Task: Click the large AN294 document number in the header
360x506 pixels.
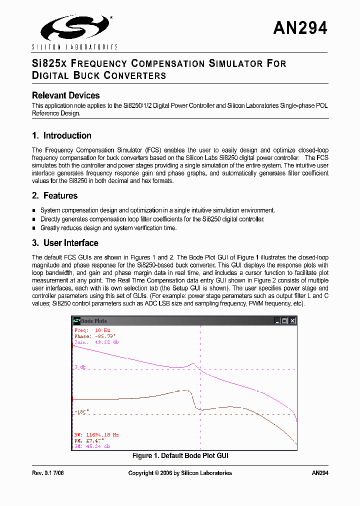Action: point(300,28)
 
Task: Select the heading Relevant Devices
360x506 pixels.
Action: point(65,95)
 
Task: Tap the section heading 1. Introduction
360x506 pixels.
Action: point(61,135)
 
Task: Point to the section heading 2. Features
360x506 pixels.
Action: point(54,195)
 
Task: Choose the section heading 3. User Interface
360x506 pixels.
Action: point(65,243)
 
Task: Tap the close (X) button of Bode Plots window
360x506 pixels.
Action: point(292,321)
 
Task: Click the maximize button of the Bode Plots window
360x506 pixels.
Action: point(284,321)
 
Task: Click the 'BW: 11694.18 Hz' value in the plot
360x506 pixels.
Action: point(96,435)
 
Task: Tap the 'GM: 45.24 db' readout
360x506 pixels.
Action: point(92,446)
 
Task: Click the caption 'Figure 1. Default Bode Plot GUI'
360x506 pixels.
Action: point(180,456)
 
